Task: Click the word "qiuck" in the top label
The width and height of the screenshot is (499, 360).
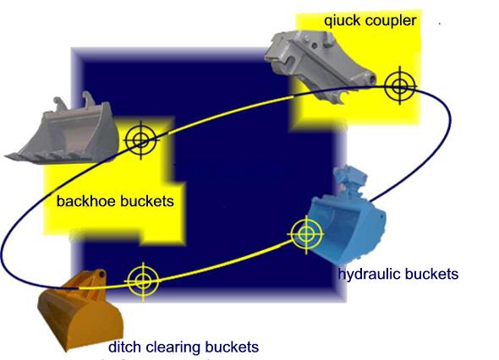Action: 343,21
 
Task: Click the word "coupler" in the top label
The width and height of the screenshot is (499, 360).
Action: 391,20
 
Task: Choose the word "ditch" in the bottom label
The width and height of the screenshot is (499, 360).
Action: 125,346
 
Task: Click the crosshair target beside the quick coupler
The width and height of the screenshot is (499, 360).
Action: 400,86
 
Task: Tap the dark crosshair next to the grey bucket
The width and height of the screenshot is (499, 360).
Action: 141,140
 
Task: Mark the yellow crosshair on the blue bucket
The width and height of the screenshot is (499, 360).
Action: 306,234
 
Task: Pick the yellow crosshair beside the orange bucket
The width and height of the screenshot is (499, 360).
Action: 143,281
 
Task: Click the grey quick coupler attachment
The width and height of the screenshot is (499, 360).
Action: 321,64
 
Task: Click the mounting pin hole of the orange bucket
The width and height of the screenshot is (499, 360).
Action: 101,274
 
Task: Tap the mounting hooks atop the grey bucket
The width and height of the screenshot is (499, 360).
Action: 74,101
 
